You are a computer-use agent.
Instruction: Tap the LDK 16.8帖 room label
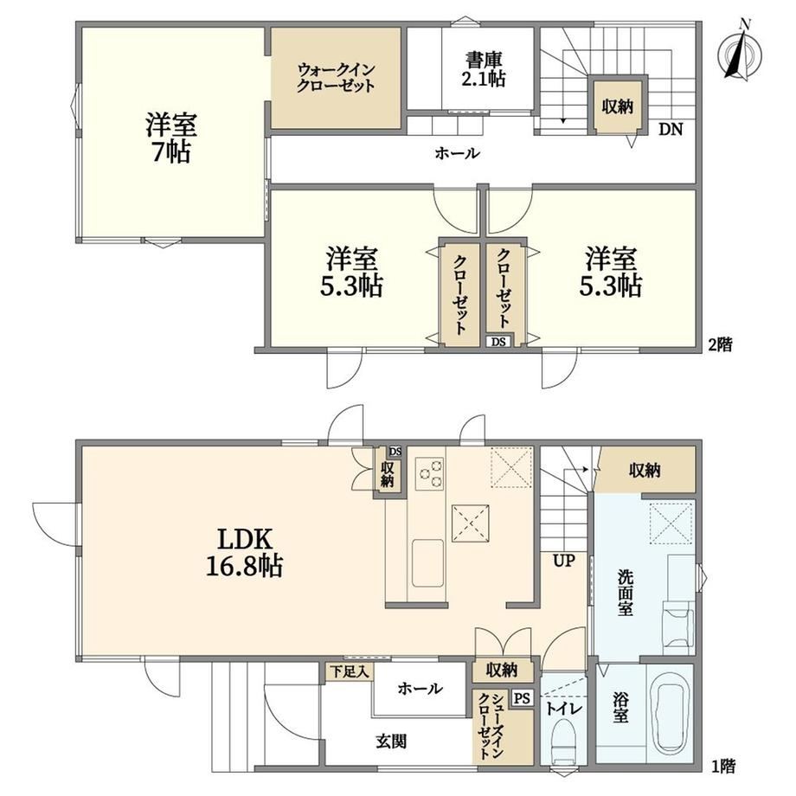(244, 552)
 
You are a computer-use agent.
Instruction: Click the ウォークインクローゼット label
(336, 77)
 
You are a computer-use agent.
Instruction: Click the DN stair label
(671, 129)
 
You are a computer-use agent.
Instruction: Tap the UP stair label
(564, 561)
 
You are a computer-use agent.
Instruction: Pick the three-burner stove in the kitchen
(429, 473)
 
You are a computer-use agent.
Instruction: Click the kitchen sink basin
(427, 563)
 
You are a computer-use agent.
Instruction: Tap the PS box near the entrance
(522, 698)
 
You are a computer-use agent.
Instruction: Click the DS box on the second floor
(498, 342)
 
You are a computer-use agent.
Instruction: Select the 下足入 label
(350, 672)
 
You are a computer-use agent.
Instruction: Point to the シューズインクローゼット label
(490, 725)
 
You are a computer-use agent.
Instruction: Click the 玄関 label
(391, 741)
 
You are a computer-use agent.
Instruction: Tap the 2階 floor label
(720, 345)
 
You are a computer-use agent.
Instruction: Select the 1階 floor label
(722, 766)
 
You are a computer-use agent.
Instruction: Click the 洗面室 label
(626, 593)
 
